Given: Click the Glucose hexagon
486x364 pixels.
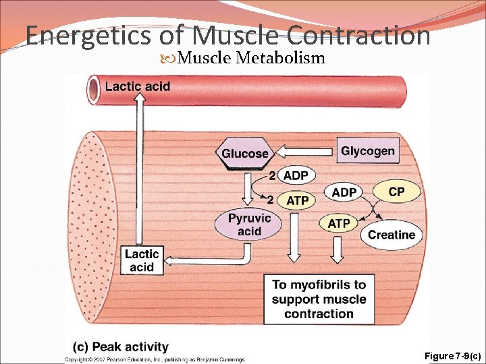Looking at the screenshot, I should (244, 154).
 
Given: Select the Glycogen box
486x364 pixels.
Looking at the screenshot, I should (368, 151).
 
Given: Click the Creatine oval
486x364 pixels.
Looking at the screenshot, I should (391, 235).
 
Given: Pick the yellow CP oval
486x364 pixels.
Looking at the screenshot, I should (396, 192).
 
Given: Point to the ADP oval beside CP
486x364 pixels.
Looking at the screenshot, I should (344, 193).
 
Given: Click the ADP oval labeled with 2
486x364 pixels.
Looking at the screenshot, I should (296, 176).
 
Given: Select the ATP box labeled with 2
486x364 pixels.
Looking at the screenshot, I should (297, 200).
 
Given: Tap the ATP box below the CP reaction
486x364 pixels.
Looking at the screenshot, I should (339, 223).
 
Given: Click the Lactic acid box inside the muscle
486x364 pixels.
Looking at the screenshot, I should (142, 260).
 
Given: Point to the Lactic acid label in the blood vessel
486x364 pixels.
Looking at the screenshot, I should (138, 86).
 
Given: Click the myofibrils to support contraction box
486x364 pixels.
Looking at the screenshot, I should (319, 299).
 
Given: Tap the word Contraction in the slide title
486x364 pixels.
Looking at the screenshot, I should (358, 35).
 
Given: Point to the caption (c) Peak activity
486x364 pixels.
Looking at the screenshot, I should (121, 347).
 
